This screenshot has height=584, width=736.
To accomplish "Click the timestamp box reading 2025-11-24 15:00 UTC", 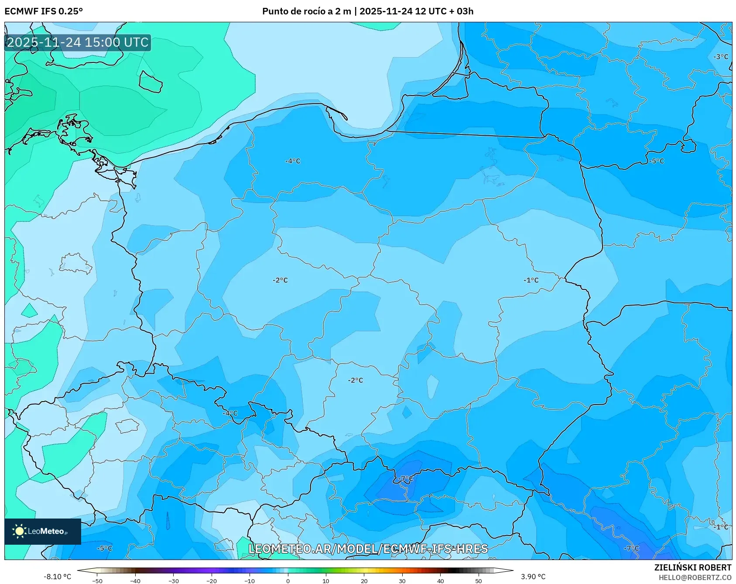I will [78, 42].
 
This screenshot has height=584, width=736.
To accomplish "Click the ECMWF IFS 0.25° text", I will [44, 11].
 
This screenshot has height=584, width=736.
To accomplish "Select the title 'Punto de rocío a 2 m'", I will [306, 11].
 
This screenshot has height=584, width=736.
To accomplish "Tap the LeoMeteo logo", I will [42, 531].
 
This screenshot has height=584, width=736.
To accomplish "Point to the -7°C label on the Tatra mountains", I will [405, 479].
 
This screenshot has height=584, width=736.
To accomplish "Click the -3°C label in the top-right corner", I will [721, 57].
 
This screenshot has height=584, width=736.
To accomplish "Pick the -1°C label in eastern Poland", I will [531, 280].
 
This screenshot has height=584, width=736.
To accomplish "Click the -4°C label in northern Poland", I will [293, 161].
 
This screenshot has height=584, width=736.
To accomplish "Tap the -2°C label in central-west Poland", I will [280, 280].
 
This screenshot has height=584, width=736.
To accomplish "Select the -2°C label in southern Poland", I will [356, 380].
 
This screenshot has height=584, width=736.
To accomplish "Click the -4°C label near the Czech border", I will [230, 413].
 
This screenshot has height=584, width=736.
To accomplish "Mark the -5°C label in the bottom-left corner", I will [104, 548].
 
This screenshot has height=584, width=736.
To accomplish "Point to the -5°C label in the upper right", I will [657, 161].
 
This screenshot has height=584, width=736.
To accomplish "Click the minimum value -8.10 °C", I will [57, 577].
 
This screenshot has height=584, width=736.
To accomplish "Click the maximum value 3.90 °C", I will [533, 577].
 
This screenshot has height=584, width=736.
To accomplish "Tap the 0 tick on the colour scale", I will [288, 581].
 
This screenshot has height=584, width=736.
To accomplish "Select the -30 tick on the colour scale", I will [173, 581].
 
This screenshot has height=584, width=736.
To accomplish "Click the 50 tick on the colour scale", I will [479, 581].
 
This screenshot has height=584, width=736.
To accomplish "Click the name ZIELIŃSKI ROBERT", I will [693, 567].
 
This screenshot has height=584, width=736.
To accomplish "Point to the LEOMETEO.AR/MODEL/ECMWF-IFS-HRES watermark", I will [368, 549].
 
